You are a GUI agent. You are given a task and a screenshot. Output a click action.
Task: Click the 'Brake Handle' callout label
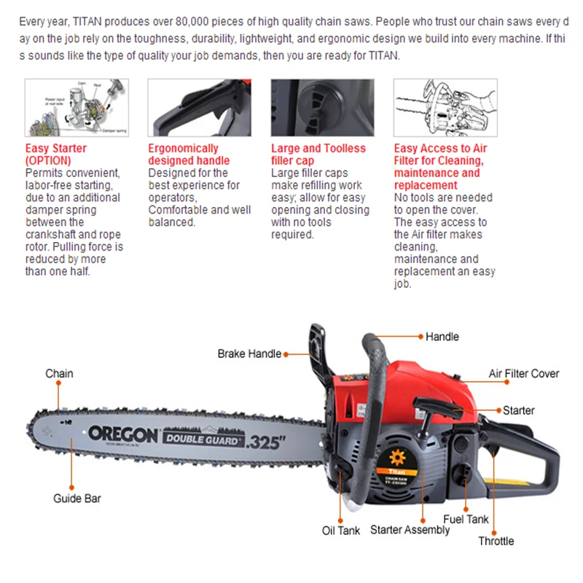[249, 353]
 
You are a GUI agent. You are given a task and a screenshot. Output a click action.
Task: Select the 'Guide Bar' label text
[77, 498]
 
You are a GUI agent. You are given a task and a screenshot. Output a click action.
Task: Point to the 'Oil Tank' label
[341, 531]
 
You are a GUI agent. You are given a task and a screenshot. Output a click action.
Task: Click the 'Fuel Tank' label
[466, 519]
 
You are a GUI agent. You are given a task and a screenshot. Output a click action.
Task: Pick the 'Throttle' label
[496, 541]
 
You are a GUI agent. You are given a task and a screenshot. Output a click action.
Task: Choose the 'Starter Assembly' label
[410, 530]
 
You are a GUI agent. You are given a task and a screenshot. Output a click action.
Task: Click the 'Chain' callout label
[59, 374]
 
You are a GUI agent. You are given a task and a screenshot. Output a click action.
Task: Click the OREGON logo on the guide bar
[122, 434]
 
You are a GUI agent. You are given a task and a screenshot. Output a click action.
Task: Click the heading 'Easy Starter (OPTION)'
[55, 154]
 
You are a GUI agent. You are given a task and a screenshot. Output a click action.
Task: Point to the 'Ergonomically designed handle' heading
[188, 154]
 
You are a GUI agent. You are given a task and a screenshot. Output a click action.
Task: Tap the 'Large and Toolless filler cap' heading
[318, 154]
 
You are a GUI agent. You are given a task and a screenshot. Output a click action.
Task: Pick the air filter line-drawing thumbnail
[445, 108]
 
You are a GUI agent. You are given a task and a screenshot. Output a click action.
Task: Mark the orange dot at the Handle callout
[420, 337]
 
